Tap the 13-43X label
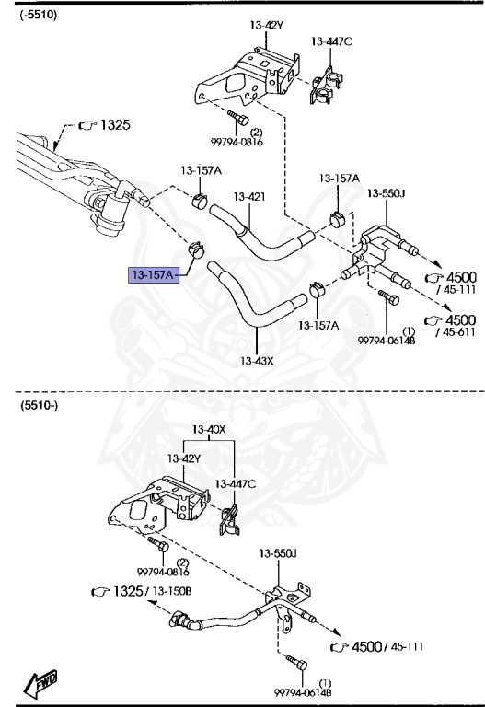click(x=258, y=360)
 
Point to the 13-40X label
click(x=209, y=430)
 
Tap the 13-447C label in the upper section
click(x=331, y=41)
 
